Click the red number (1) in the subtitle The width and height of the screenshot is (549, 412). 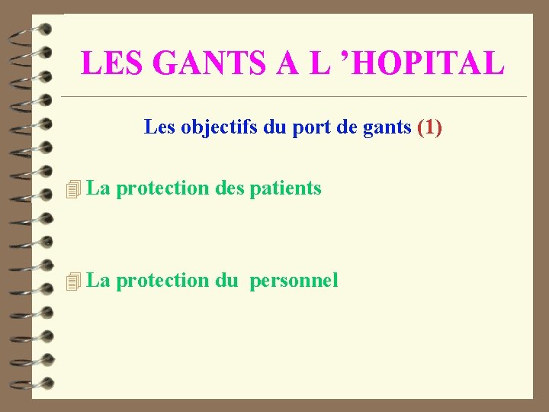(429, 127)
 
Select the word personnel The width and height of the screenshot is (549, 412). (294, 281)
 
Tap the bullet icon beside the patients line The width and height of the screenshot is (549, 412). (73, 188)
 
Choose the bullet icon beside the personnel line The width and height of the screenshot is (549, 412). (73, 282)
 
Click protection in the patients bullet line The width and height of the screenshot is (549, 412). (164, 188)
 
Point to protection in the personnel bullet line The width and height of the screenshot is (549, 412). (164, 281)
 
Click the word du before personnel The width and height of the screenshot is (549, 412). (226, 281)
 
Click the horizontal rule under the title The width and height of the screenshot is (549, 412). (294, 97)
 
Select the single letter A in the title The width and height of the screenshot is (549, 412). (287, 63)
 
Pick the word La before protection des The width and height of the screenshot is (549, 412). (99, 188)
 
